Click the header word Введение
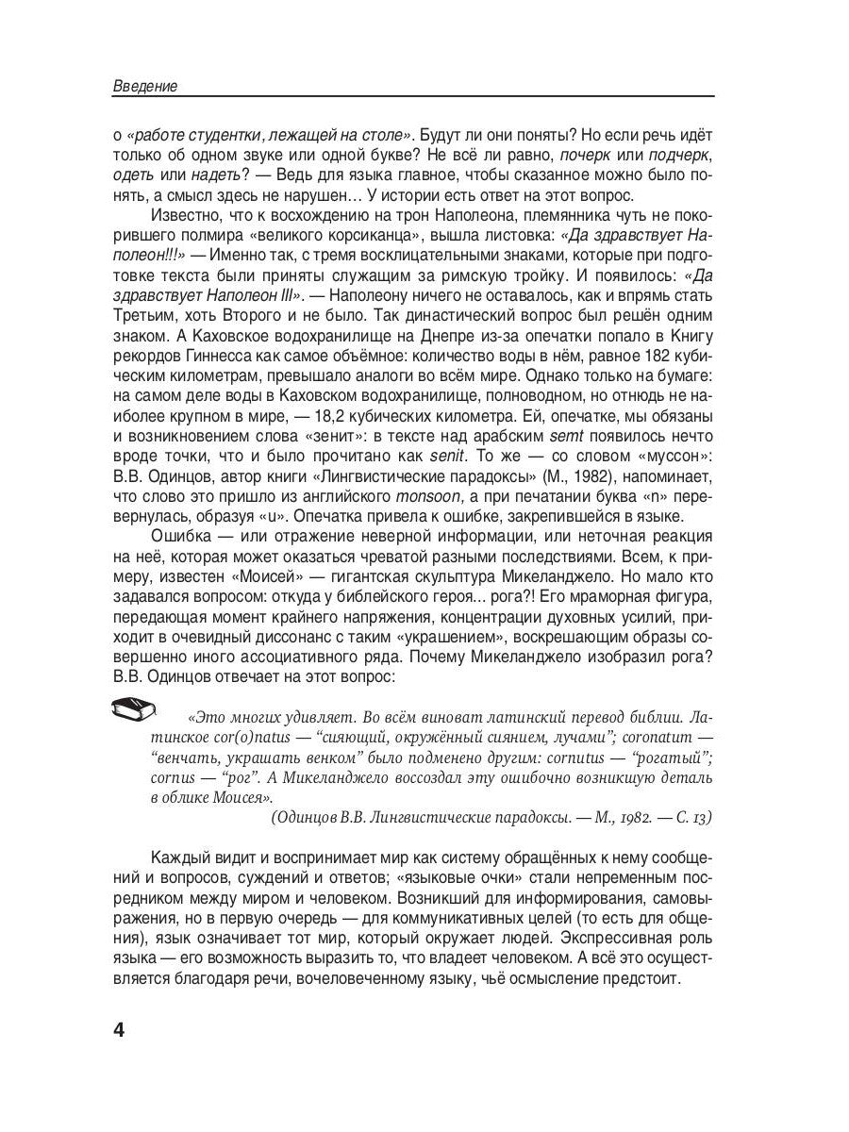click(x=145, y=86)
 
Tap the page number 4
click(x=119, y=1028)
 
